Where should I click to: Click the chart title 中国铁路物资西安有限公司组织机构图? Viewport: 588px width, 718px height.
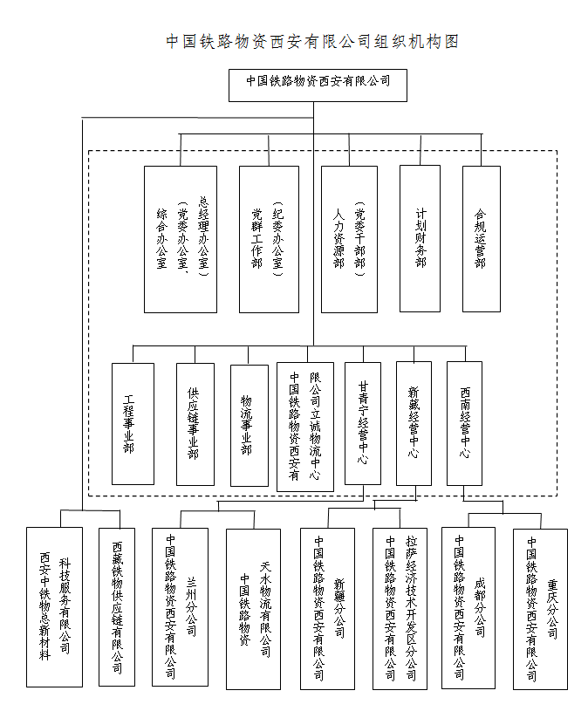pos(312,41)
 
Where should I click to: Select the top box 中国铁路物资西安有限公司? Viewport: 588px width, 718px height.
pos(318,84)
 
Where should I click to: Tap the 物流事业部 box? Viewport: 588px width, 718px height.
pos(249,424)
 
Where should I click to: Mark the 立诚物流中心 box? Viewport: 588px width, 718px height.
pos(304,426)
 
